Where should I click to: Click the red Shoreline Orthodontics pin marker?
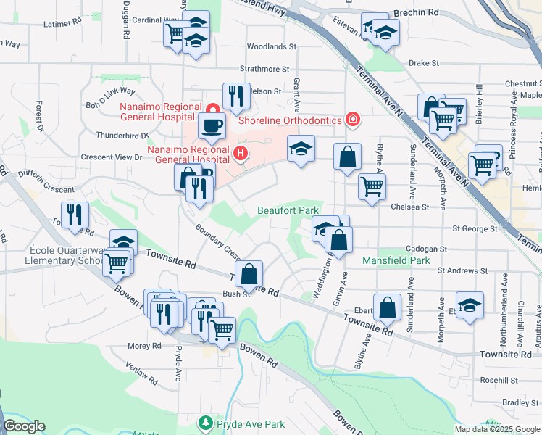pos(352,119)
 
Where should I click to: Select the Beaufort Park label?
pos(288,210)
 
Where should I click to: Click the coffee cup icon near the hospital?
pos(212,124)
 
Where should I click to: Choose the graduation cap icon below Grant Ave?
pos(301,149)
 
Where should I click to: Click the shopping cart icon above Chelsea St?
pos(372,186)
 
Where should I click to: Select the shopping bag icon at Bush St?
pos(249,274)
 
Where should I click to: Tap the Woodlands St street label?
pos(272,46)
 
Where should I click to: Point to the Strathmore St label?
pos(265,69)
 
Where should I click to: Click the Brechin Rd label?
pos(416,13)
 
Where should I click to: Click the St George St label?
pos(475,228)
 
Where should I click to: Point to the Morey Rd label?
pos(144,347)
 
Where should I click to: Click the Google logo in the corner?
pos(24,426)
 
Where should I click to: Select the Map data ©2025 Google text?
pos(496,429)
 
